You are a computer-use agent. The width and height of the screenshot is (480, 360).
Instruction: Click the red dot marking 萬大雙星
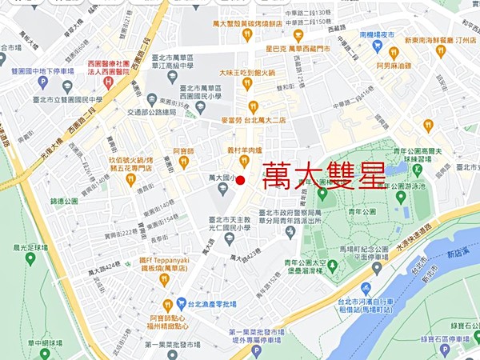coord(241,178)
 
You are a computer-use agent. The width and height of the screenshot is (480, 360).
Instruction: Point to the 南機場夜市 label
coord(378,36)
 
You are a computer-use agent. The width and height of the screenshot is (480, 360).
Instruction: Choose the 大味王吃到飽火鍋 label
coord(249,71)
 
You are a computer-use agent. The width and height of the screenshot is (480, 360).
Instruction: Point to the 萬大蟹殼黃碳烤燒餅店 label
coord(248,24)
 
